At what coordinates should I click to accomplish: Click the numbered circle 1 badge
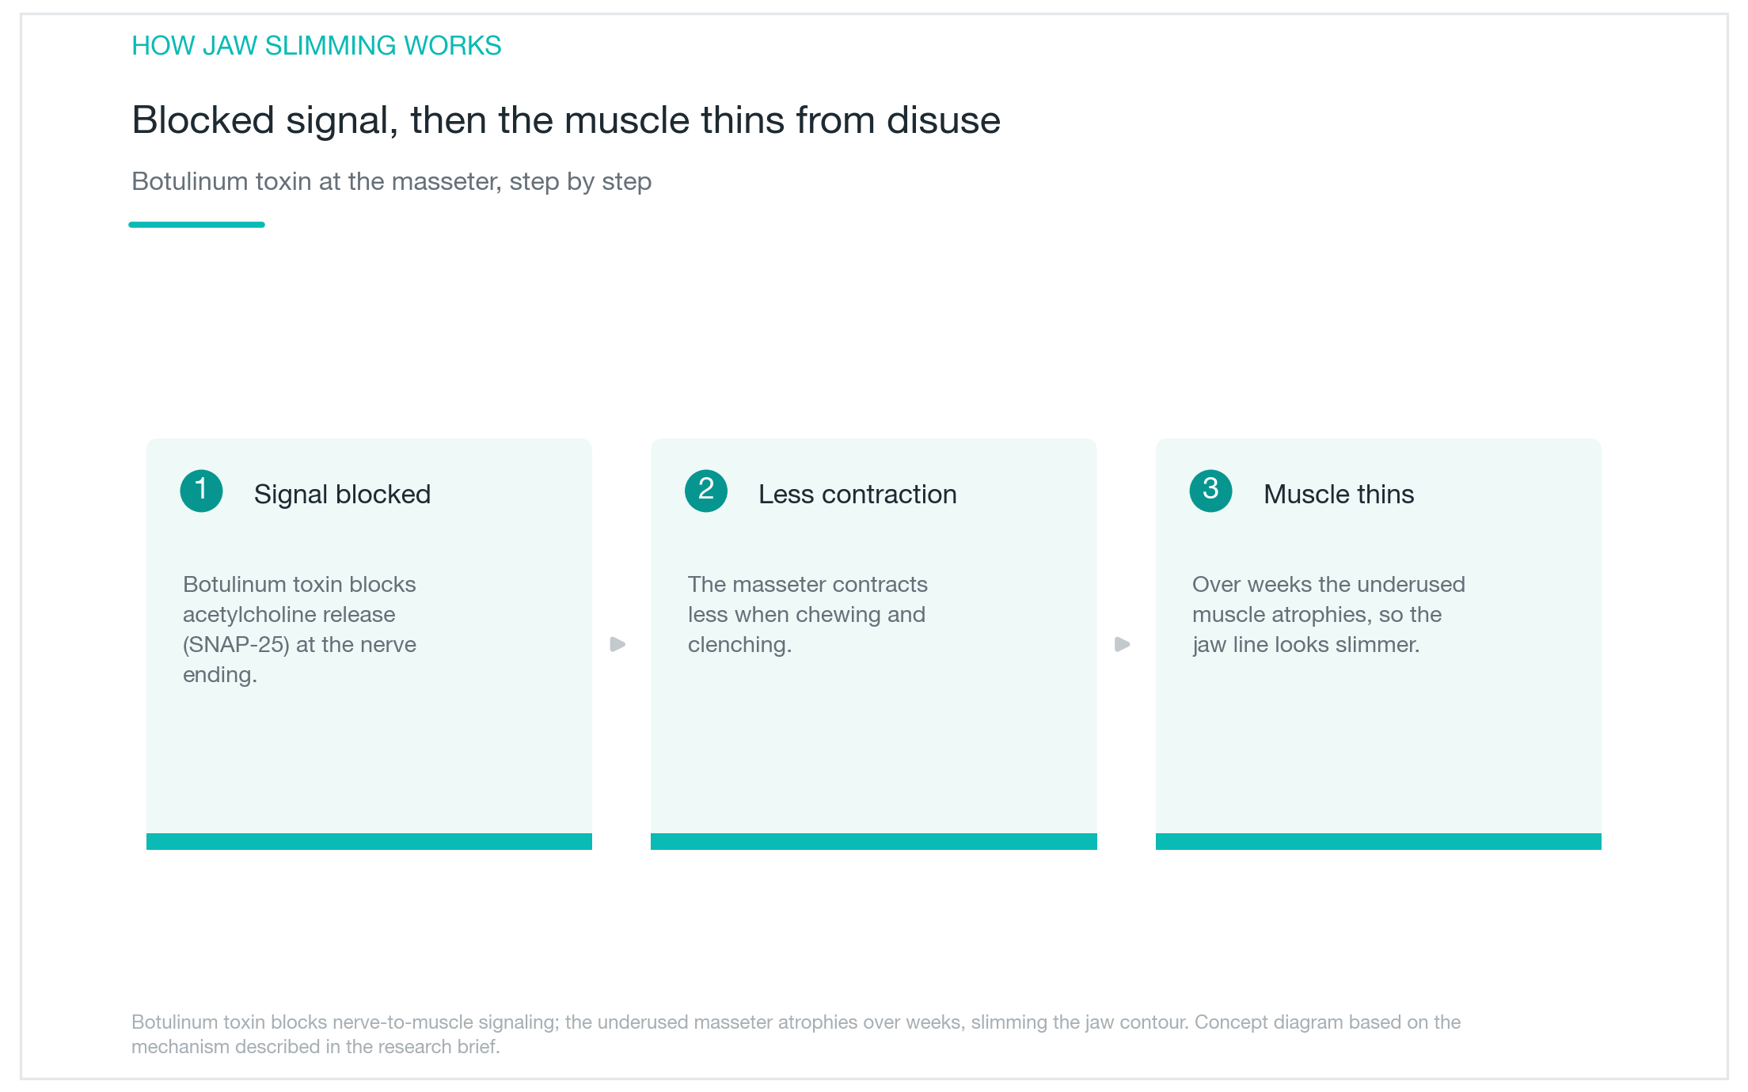click(201, 491)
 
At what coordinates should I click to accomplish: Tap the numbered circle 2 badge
click(706, 491)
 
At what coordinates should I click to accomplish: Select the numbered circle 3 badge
click(1210, 491)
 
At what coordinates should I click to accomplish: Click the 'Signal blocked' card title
click(342, 495)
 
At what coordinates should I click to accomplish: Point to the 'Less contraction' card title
click(857, 495)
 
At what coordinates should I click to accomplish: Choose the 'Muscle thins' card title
click(1339, 495)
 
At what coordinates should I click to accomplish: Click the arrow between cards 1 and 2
click(618, 644)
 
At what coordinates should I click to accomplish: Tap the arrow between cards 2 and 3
click(1123, 644)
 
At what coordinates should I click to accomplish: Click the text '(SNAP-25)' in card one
click(236, 645)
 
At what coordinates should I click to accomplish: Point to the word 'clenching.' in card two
click(739, 646)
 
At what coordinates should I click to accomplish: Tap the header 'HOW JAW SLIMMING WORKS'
click(317, 46)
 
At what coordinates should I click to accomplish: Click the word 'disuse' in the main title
click(944, 120)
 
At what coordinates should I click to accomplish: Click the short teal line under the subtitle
click(196, 225)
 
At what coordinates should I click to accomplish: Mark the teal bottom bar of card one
click(369, 841)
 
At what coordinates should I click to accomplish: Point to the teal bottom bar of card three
click(1378, 841)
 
